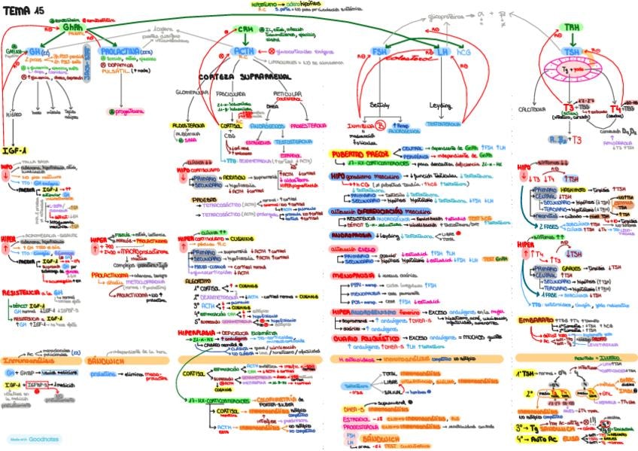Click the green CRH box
(246, 29)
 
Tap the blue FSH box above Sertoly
(381, 52)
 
